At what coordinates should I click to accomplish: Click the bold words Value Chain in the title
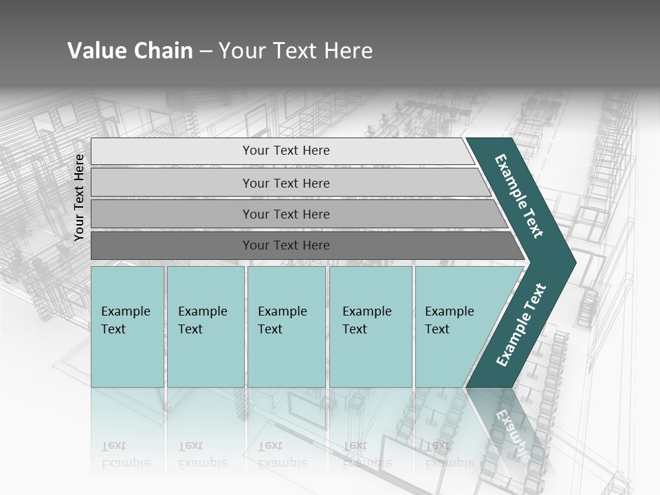point(130,51)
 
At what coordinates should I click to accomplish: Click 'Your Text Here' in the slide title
point(296,51)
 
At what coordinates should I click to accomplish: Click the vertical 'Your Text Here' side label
point(79,197)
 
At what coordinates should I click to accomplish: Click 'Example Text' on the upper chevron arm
point(519,196)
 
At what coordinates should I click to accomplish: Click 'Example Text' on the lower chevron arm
point(521,325)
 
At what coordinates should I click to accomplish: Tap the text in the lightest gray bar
point(286,151)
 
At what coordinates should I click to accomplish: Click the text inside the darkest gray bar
point(286,245)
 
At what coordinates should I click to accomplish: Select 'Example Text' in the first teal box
point(125,320)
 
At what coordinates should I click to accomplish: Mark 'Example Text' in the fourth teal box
point(366,320)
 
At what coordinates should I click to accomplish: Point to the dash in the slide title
point(206,52)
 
